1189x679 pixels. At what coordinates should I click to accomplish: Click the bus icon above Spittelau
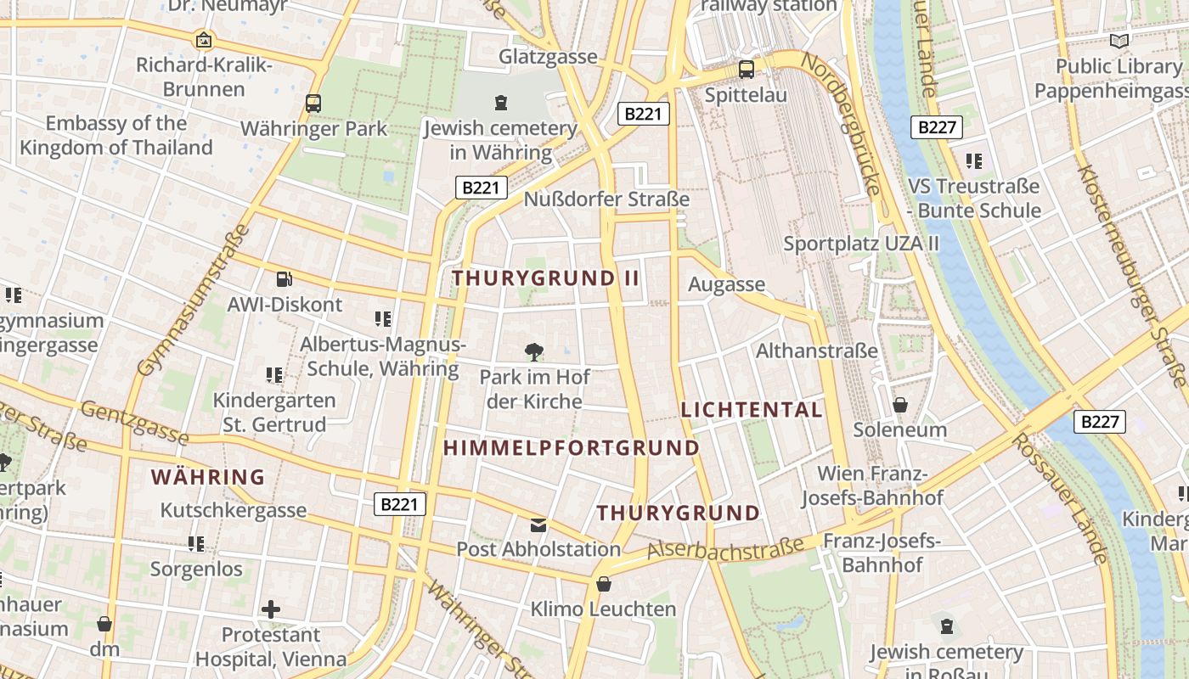747,70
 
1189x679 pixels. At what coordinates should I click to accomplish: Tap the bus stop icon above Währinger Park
313,104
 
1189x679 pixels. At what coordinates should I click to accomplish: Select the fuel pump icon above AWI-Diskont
285,278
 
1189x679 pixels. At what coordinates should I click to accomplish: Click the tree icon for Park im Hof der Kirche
534,351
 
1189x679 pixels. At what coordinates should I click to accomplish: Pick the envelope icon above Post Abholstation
538,525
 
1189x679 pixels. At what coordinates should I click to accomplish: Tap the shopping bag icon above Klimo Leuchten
603,584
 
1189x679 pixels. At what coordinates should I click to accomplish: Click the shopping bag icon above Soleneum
899,405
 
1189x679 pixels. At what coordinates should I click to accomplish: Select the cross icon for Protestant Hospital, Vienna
271,609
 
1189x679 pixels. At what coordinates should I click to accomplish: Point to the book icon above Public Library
1119,41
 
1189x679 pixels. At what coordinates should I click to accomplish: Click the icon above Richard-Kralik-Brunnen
204,40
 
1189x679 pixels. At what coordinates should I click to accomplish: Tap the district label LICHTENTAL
752,410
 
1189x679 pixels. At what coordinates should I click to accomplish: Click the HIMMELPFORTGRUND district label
572,448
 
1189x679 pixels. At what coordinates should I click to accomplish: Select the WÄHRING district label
208,477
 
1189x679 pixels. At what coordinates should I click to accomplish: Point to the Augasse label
726,284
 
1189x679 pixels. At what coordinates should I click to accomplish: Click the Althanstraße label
816,351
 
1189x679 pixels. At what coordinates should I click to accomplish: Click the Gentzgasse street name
135,423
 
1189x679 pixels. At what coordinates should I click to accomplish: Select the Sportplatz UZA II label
861,244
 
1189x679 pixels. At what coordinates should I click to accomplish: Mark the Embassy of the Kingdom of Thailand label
116,136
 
